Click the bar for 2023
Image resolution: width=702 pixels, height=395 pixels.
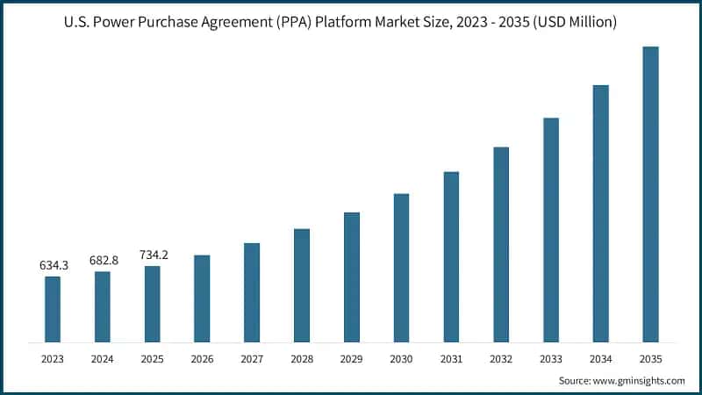coord(53,308)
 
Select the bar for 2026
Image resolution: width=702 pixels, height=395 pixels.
coord(202,298)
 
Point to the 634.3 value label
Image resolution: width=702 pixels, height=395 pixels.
coord(53,264)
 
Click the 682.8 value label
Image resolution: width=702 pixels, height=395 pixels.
coord(103,260)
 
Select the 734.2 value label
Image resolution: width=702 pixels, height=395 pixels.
coord(153,255)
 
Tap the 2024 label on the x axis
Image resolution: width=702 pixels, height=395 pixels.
coord(103,358)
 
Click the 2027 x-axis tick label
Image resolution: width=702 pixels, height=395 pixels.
coord(252,358)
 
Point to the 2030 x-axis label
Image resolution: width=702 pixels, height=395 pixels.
coord(401,358)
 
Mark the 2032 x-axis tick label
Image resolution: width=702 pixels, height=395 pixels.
coord(501,358)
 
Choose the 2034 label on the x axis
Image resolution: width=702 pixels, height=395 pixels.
coord(600,358)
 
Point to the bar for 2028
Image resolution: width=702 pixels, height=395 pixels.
coord(302,284)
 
